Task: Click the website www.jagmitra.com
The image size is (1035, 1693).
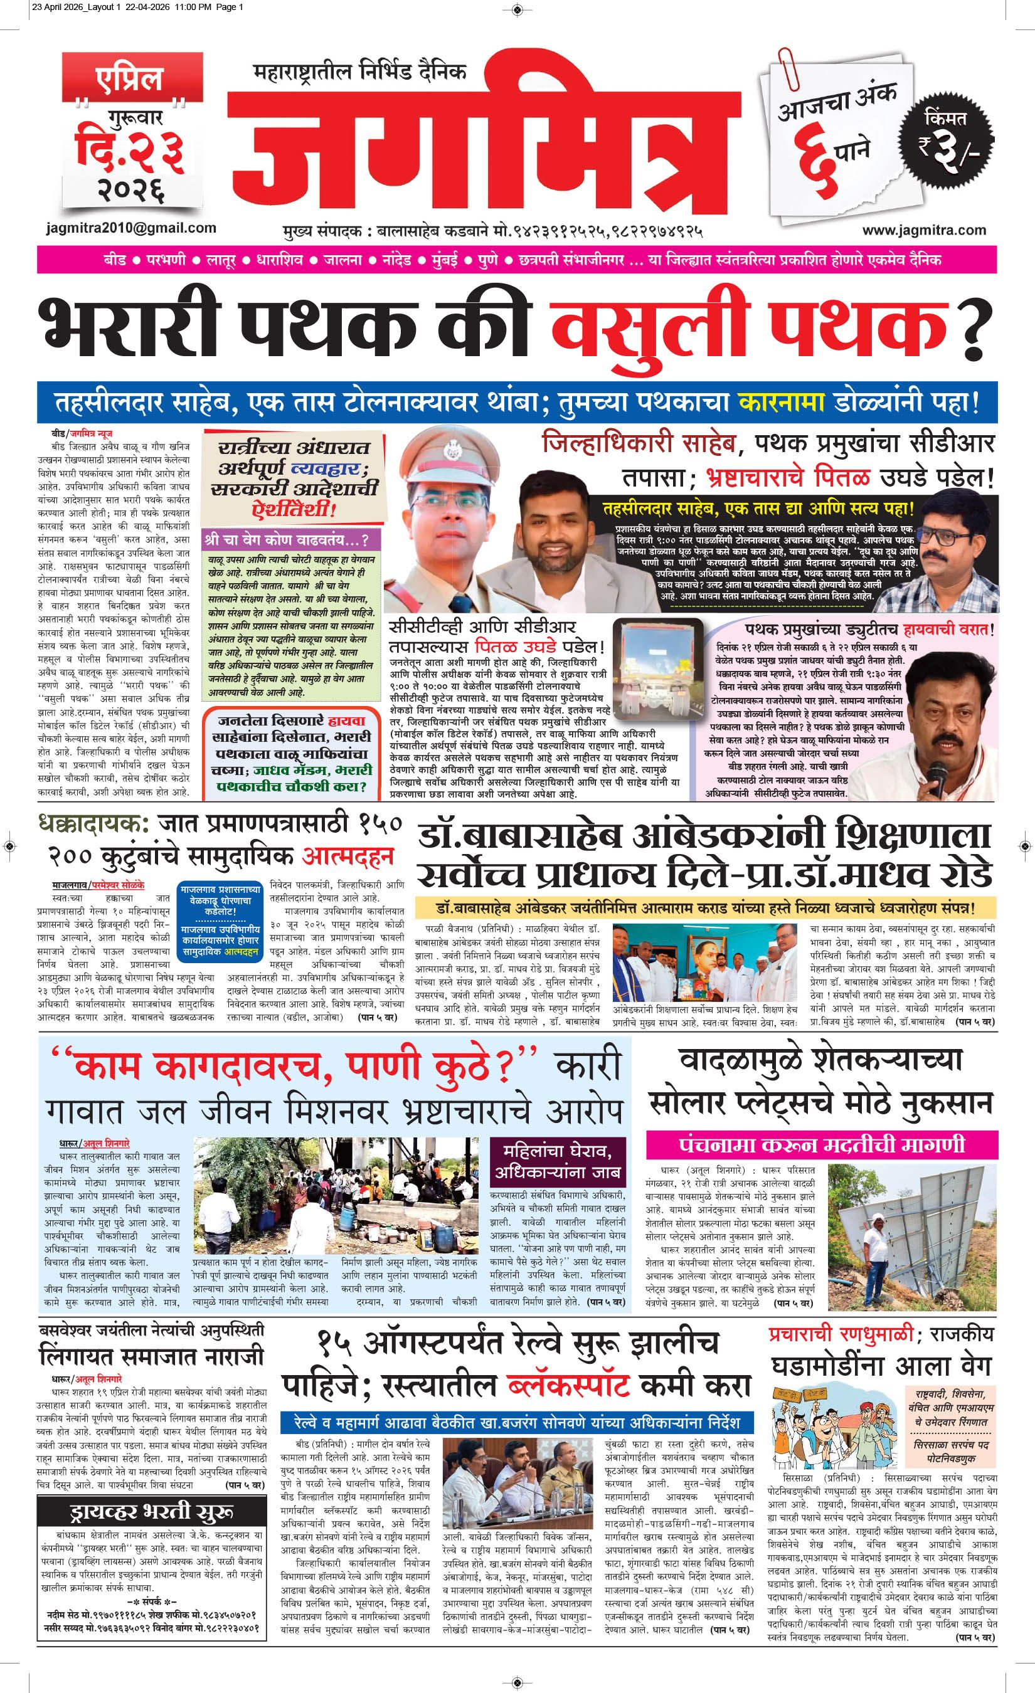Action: tap(925, 230)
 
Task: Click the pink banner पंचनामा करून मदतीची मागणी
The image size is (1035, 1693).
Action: tap(820, 1145)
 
